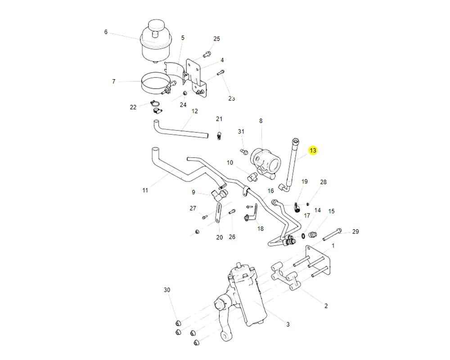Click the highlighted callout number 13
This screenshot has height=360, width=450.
313,150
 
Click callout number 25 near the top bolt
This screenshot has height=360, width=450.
216,39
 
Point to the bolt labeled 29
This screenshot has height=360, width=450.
333,234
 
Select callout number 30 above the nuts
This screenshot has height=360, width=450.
167,290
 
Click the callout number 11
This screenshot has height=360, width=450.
145,190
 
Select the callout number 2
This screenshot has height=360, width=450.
326,306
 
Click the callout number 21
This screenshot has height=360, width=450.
219,119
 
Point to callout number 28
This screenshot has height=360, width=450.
323,182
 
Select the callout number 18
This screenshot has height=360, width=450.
260,229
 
